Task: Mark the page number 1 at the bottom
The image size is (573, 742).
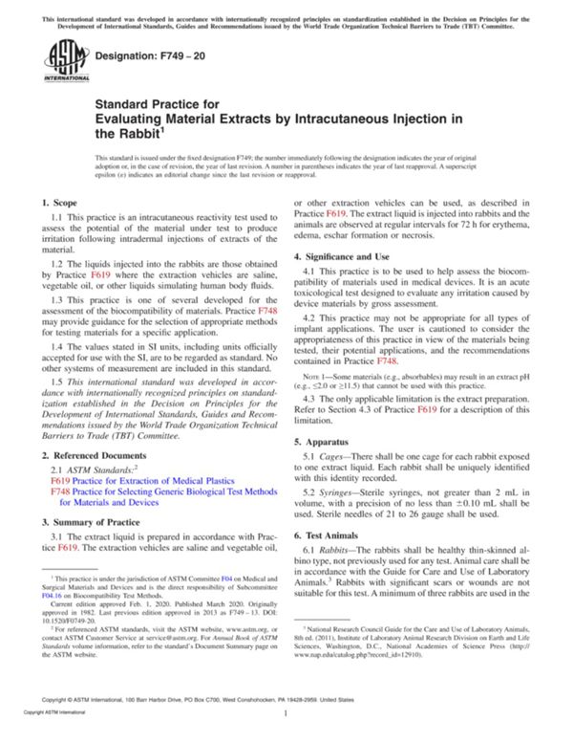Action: pyautogui.click(x=286, y=727)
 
